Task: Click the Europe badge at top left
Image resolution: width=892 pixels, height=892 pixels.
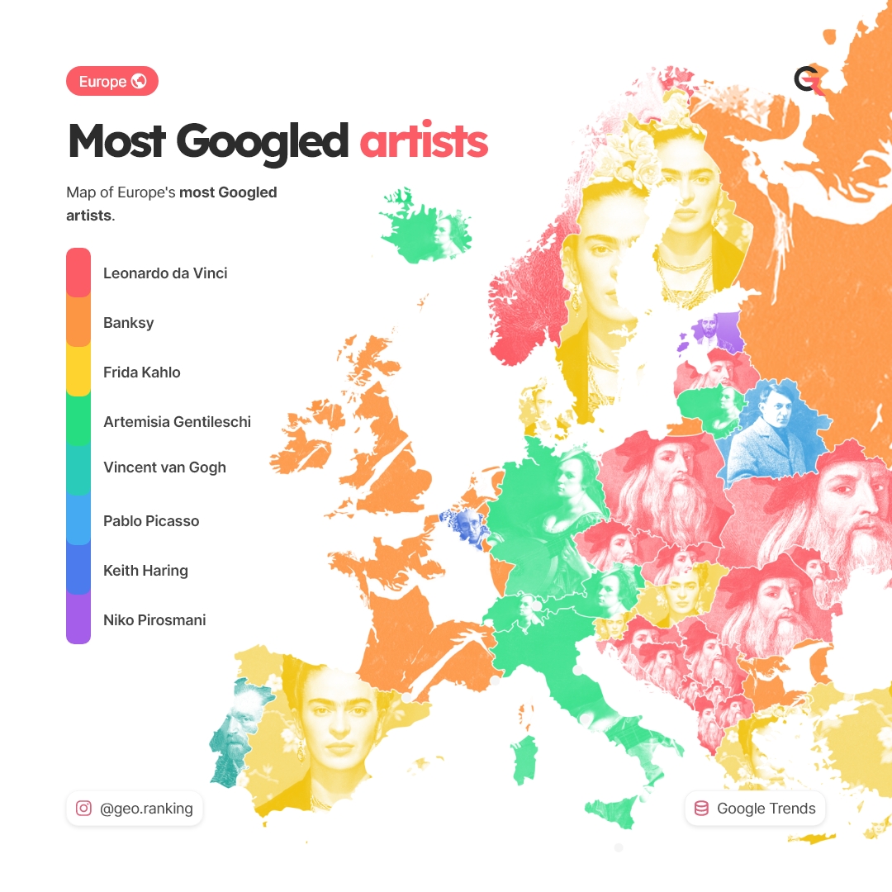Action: tap(111, 82)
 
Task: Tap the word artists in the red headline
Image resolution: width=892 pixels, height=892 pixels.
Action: tap(424, 141)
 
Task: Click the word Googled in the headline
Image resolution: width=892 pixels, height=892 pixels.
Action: tap(263, 141)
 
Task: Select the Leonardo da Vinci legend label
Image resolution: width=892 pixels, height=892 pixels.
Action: tap(165, 273)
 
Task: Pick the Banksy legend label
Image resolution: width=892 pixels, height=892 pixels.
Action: tap(128, 323)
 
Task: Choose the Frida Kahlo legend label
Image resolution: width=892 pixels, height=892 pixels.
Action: tap(141, 372)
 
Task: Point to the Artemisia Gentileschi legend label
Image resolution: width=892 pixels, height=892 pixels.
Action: tap(177, 422)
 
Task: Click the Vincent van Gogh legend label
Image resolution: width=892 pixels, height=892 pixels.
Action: tap(164, 467)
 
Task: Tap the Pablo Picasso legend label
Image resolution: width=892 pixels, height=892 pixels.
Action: tap(151, 521)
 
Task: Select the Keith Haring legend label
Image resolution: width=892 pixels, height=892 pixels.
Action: tap(145, 571)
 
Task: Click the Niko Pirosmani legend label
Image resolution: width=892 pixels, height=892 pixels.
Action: tap(154, 620)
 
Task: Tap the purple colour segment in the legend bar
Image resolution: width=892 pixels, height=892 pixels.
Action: tap(78, 619)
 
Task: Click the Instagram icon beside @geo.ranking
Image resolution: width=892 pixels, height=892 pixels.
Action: tap(83, 809)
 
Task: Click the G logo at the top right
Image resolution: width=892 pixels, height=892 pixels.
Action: tap(806, 79)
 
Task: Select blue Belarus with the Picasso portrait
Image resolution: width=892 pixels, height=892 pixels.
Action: tap(768, 429)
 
